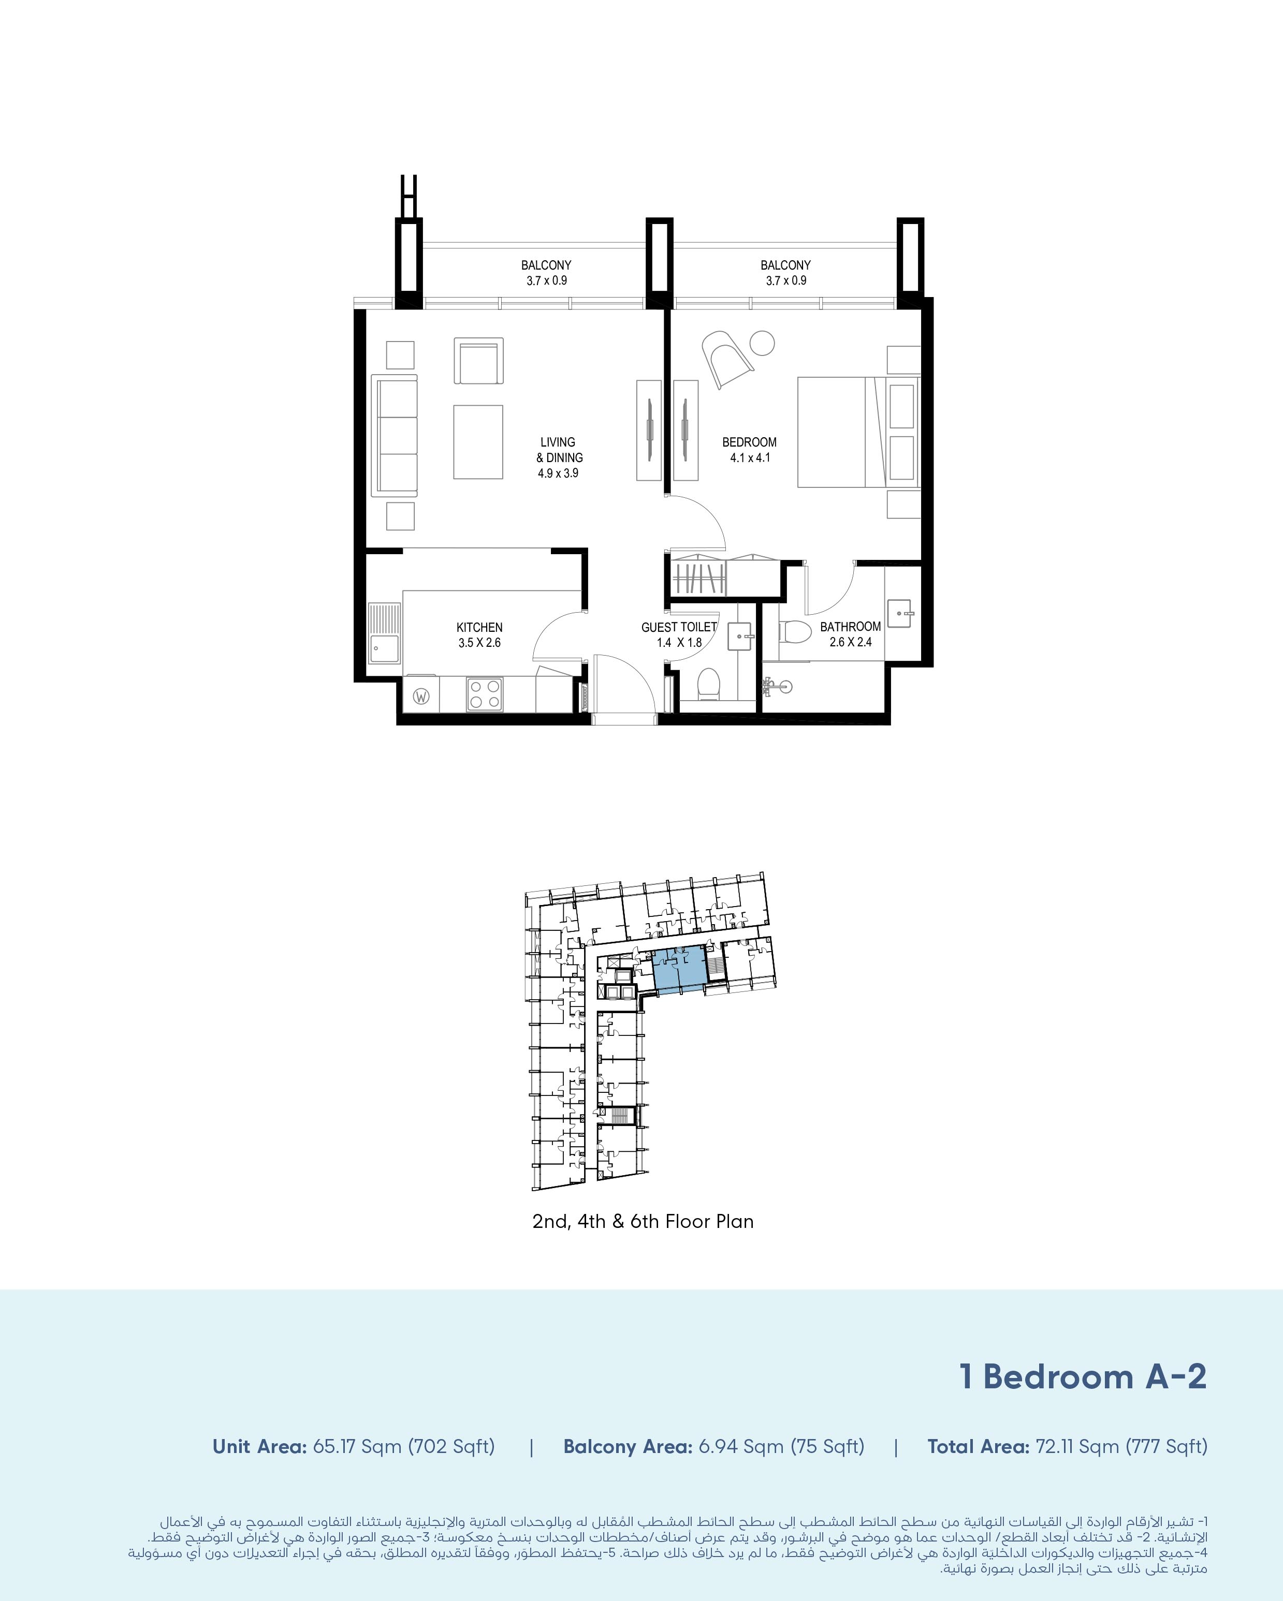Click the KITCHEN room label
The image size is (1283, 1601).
point(479,628)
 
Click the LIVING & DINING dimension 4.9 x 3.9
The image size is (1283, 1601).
point(558,473)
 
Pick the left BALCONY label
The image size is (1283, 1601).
point(546,265)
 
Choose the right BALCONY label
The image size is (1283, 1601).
point(785,265)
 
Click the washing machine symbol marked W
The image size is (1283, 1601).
point(421,696)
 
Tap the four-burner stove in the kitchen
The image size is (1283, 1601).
point(485,694)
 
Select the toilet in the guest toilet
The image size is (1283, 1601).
point(709,683)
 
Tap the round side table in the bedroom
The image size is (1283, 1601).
point(762,343)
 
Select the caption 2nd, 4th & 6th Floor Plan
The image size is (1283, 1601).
point(643,1222)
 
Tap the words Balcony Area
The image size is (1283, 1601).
point(628,1447)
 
